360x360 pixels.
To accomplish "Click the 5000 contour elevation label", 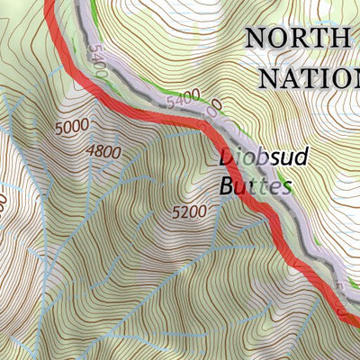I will pos(71,128).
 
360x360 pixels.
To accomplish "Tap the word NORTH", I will pos(296,39).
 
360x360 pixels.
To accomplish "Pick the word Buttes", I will pos(256,187).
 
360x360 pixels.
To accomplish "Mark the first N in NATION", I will pos(270,77).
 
